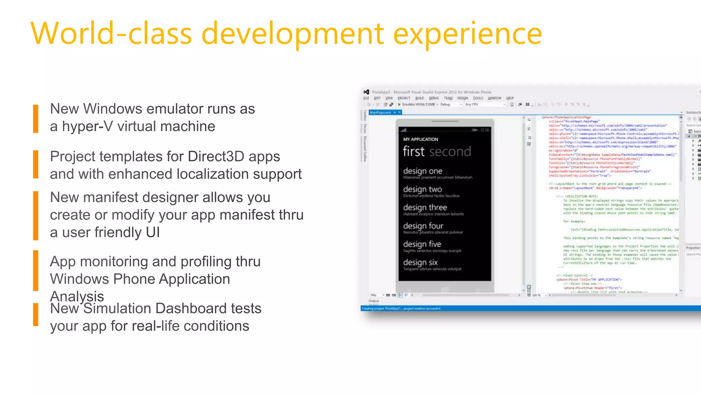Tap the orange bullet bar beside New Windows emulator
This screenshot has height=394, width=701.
36,118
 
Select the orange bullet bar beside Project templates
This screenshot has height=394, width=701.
36,164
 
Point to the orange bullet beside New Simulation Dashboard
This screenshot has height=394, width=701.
36,315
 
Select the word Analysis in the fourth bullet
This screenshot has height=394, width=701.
77,296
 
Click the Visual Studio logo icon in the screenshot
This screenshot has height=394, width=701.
366,92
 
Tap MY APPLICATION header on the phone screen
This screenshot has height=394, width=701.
421,140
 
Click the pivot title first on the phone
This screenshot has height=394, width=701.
413,151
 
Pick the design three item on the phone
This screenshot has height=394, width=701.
425,208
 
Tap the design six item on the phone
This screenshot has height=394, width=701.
420,262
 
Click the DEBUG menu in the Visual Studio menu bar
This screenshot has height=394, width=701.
434,98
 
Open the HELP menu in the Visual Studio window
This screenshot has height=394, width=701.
510,98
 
